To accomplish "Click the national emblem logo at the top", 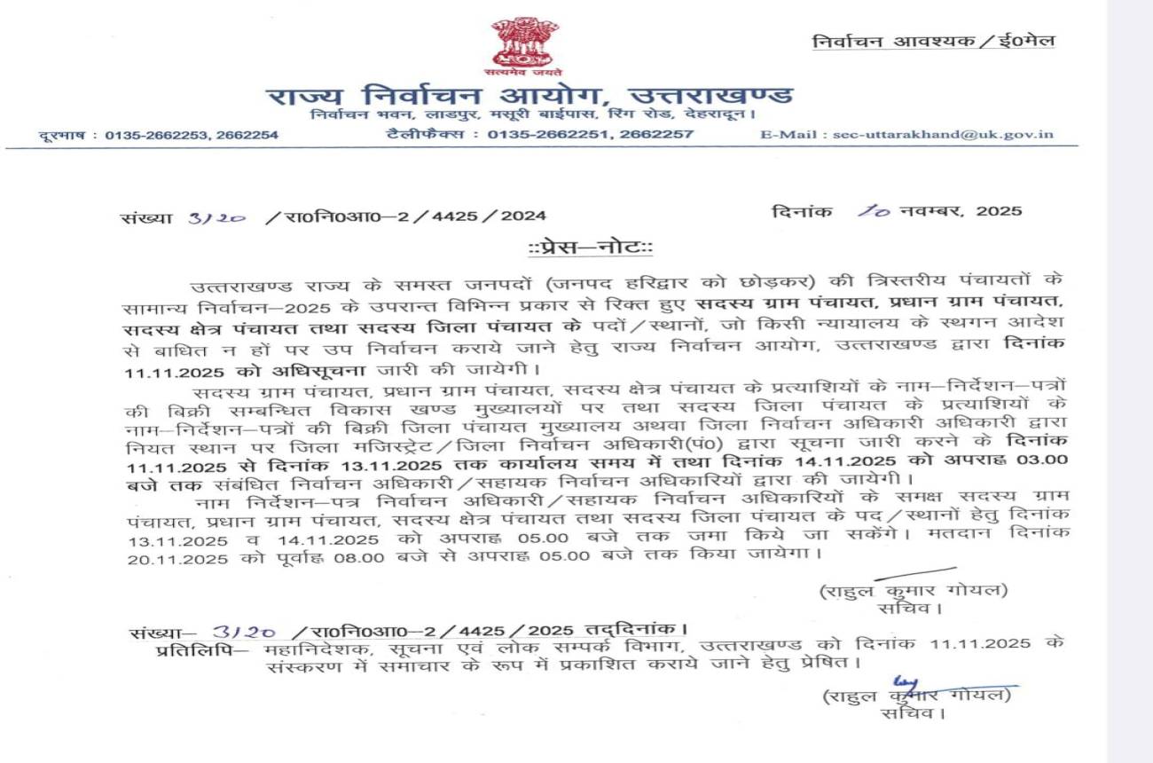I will [527, 44].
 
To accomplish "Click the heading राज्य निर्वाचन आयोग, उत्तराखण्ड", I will [529, 95].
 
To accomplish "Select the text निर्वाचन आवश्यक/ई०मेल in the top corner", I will [934, 41].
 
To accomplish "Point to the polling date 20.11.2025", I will [161, 555].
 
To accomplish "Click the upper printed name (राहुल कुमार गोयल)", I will [914, 591].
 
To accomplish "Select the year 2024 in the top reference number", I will [523, 216].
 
